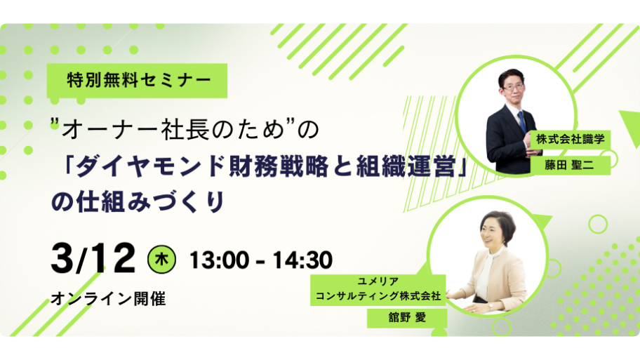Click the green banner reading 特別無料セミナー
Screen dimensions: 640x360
point(137,81)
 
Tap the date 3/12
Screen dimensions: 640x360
point(93,258)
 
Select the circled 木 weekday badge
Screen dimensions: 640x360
point(161,259)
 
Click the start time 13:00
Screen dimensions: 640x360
point(219,260)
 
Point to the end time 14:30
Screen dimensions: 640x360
point(302,260)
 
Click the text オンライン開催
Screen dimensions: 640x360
point(108,299)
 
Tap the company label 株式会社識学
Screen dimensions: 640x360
point(571,139)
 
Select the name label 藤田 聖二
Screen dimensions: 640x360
point(571,166)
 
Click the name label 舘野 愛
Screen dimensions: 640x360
point(407,318)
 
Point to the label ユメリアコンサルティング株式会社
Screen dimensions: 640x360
point(378,289)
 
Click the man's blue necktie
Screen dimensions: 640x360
point(522,121)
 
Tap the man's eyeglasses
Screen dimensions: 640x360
point(513,87)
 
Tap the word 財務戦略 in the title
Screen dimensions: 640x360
point(279,166)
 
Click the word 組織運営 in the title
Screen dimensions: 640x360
point(406,166)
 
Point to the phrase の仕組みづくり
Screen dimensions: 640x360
point(138,201)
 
